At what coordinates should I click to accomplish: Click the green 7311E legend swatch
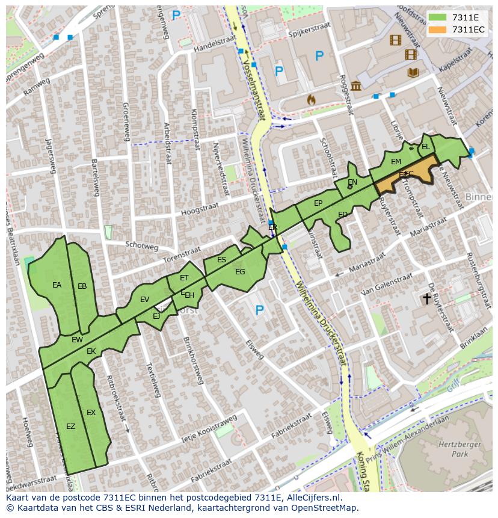[438, 18]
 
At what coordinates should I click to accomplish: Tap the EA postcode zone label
[57, 285]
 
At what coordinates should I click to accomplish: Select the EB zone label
[82, 286]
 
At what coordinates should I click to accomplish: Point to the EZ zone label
[71, 426]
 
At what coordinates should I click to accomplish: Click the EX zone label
[91, 413]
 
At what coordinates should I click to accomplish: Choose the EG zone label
[240, 272]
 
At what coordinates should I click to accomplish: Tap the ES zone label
[221, 260]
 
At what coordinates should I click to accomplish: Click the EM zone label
[396, 162]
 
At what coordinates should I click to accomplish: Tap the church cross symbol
[427, 298]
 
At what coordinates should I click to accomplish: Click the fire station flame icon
[311, 100]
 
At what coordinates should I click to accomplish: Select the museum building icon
[356, 85]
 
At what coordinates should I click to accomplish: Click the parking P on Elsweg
[260, 310]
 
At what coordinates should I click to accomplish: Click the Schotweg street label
[142, 247]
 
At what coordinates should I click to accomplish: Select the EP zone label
[318, 203]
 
